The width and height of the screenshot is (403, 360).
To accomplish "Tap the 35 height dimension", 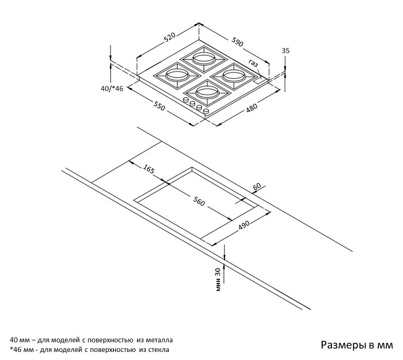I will [286, 50].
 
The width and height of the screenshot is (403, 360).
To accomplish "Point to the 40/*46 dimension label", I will [112, 89].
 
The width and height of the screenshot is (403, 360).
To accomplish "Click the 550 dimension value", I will [160, 106].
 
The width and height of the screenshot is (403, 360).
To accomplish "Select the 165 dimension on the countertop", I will [149, 170].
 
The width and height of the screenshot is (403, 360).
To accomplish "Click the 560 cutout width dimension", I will [199, 202].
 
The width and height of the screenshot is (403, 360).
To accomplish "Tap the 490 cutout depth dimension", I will [244, 226].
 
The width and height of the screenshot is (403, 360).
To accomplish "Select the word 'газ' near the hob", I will [253, 64].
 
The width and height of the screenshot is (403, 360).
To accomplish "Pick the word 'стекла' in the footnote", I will [159, 349].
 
